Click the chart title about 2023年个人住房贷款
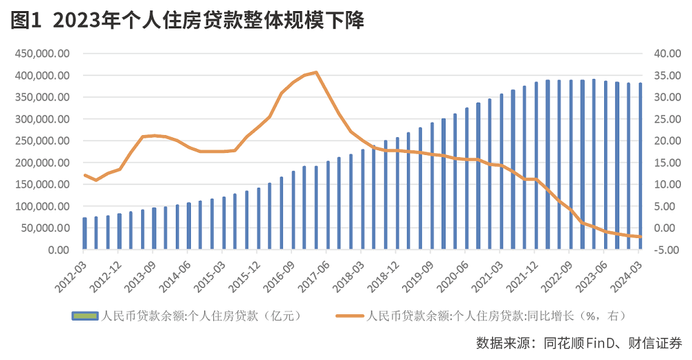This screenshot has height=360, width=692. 208,21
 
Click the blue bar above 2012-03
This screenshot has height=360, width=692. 85,233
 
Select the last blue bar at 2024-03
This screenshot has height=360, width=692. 640,166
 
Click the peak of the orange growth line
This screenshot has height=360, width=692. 316,72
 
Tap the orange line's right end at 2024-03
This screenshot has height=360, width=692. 641,237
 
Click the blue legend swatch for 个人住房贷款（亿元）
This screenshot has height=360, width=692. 85,316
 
